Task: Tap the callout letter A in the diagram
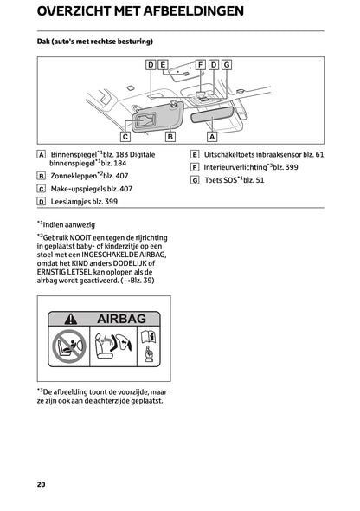coord(212,136)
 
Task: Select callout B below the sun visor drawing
coord(170,136)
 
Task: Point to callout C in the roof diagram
coord(125,136)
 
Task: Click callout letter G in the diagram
coord(226,64)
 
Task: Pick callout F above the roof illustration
coord(201,64)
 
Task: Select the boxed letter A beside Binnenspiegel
coord(42,155)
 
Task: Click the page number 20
coord(42,482)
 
